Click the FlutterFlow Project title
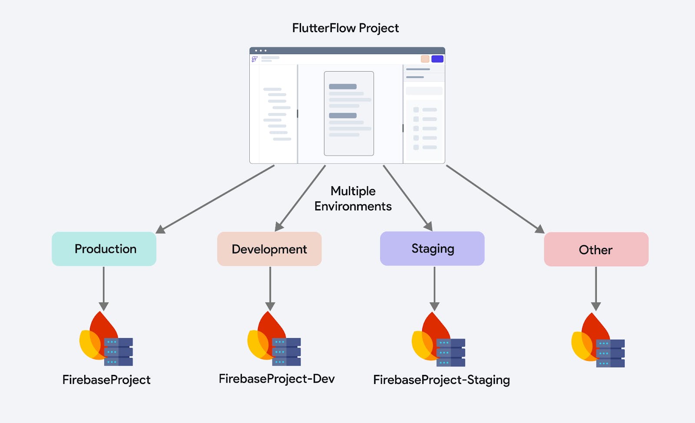click(345, 28)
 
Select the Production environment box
click(104, 249)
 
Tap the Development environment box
click(269, 249)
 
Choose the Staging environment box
click(432, 249)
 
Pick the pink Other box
click(596, 249)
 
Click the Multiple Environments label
click(353, 199)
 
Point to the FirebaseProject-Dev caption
click(277, 379)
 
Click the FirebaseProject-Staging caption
click(441, 380)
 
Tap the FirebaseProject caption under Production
click(106, 380)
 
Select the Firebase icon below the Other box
click(597, 341)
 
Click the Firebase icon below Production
click(106, 339)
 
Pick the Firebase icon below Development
click(274, 339)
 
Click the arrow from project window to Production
click(215, 199)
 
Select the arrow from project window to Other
click(495, 199)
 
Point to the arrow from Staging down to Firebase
click(434, 288)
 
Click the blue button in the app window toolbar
click(437, 59)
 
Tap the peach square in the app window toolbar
click(425, 59)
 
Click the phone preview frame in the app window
click(349, 113)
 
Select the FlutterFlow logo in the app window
click(255, 59)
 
